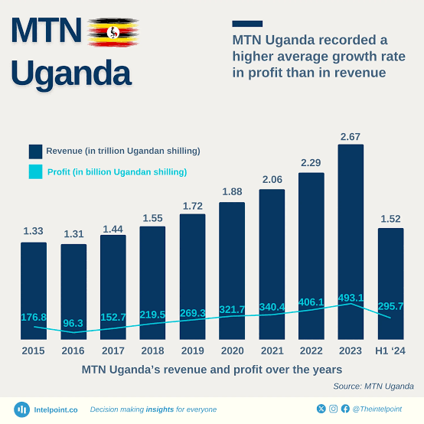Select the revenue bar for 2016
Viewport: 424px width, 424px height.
tap(73, 291)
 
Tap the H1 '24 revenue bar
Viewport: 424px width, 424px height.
tap(390, 283)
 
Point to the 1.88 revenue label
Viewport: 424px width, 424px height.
tap(232, 192)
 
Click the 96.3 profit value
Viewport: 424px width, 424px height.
tap(73, 324)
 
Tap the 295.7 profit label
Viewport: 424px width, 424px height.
tap(391, 306)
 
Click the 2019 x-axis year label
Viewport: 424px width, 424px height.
tap(192, 351)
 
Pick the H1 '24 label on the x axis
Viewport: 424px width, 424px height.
tap(391, 351)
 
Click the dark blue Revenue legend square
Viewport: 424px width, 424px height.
tap(36, 151)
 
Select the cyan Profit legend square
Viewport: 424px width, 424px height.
tap(36, 172)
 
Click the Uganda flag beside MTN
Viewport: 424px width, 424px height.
tap(113, 32)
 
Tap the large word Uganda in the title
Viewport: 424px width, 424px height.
tap(71, 73)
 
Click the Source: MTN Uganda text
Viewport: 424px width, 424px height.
tap(373, 386)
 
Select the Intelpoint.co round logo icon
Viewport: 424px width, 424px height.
tap(22, 409)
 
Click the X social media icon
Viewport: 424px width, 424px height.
tap(321, 409)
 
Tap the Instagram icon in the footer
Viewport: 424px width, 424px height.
tap(333, 409)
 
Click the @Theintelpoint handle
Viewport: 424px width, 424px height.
tap(377, 409)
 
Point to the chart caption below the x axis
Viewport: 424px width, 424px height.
tap(212, 369)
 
